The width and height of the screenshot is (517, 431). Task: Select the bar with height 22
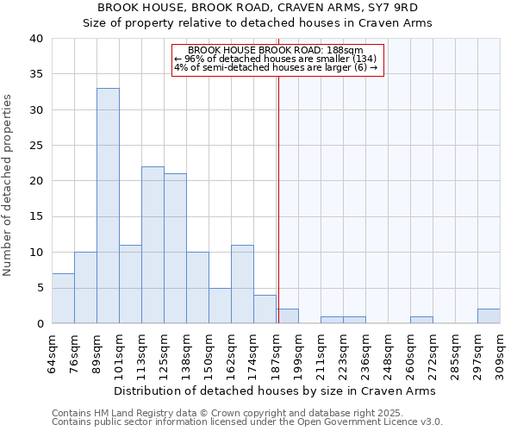click(x=153, y=245)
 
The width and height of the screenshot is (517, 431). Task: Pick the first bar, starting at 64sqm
click(x=63, y=298)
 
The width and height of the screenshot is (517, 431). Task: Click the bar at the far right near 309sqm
click(x=489, y=316)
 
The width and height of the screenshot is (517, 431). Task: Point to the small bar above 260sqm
click(x=421, y=320)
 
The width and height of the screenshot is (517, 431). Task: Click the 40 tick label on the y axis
click(x=36, y=39)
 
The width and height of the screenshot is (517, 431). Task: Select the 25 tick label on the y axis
click(x=36, y=146)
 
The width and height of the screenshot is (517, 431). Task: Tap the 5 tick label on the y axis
click(x=40, y=288)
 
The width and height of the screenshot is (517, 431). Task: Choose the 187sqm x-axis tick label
click(x=277, y=349)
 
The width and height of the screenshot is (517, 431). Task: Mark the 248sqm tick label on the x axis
click(x=389, y=349)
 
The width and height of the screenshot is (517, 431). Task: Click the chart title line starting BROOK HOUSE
click(x=258, y=8)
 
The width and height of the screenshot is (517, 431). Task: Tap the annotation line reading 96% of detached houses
click(x=276, y=59)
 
